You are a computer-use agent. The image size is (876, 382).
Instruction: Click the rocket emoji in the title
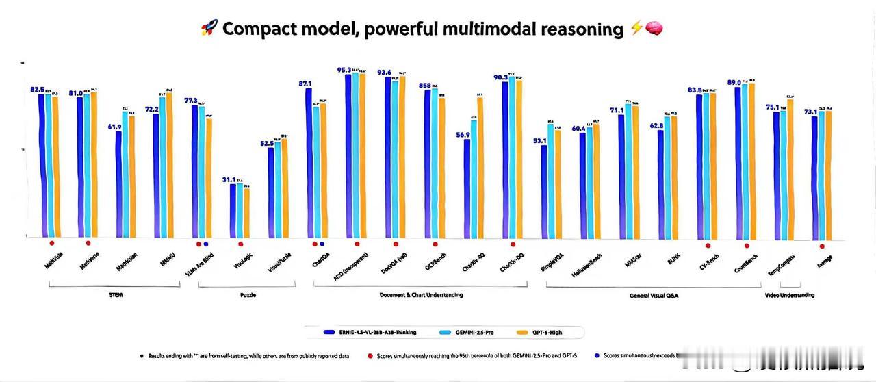(209, 29)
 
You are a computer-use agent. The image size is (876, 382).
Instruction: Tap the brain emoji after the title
(654, 29)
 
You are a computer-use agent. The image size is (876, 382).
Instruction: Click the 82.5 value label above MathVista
(37, 89)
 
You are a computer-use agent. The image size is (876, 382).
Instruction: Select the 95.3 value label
(344, 69)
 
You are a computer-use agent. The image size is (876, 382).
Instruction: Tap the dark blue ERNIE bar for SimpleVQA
(544, 192)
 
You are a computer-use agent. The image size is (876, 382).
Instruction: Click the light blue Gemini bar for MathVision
(125, 175)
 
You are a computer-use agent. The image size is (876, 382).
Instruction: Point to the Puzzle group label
(248, 295)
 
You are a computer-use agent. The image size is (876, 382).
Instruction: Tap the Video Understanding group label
(789, 295)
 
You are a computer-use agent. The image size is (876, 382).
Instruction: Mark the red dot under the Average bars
(821, 245)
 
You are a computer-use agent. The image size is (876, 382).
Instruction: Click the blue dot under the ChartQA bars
(322, 244)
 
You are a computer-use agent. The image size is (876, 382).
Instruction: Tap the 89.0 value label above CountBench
(734, 82)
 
